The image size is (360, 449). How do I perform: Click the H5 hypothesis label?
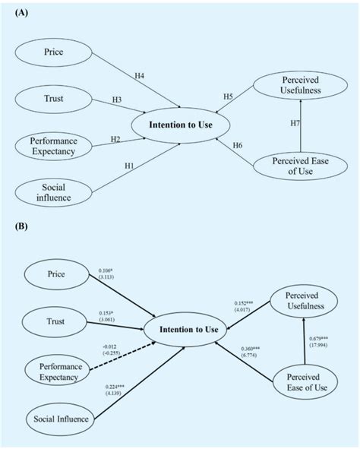coord(229,97)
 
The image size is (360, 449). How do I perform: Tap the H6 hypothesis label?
coord(237,145)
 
